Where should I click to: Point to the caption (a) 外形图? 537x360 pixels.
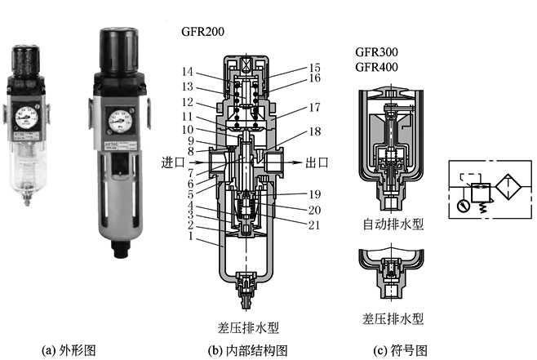(69, 350)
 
